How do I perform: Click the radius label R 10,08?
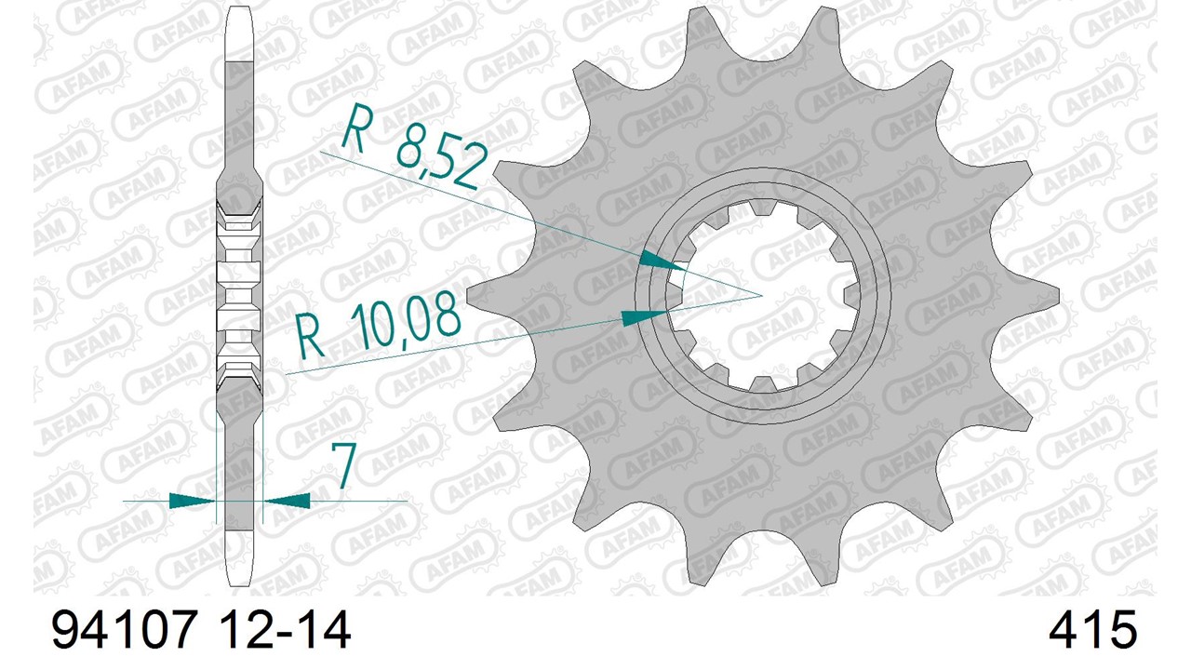tap(378, 326)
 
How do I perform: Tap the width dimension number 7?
tap(343, 466)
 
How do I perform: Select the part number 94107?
tap(125, 630)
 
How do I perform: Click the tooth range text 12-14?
tap(285, 630)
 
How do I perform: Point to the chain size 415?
tap(1092, 630)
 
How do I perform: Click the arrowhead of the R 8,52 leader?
tap(662, 261)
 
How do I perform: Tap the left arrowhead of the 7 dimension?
tap(192, 501)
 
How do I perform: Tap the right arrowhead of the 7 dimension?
tap(288, 501)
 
